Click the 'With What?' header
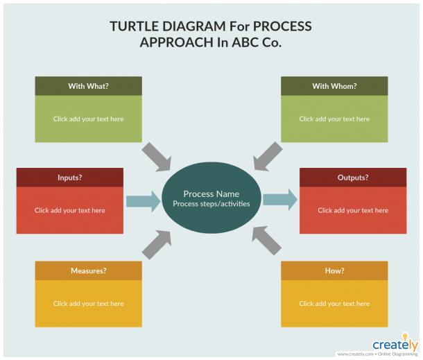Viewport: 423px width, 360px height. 89,86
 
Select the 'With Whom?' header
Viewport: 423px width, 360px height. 334,86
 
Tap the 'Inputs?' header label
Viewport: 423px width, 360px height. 70,178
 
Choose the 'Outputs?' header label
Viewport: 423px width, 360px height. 353,178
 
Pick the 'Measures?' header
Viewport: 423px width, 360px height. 89,271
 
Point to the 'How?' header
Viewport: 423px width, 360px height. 334,271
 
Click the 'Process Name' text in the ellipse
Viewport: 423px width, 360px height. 211,194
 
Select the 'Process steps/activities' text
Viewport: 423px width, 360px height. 211,204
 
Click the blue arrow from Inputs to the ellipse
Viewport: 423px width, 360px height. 144,201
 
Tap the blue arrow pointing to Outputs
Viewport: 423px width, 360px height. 280,200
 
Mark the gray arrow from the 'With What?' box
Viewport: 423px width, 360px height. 157,157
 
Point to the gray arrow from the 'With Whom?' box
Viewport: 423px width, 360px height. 268,157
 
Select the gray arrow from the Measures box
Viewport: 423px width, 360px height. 157,244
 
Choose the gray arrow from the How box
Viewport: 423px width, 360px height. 266,241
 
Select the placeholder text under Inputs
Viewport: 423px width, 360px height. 70,210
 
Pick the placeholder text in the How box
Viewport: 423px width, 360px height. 334,304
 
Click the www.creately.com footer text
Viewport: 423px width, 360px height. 355,354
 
